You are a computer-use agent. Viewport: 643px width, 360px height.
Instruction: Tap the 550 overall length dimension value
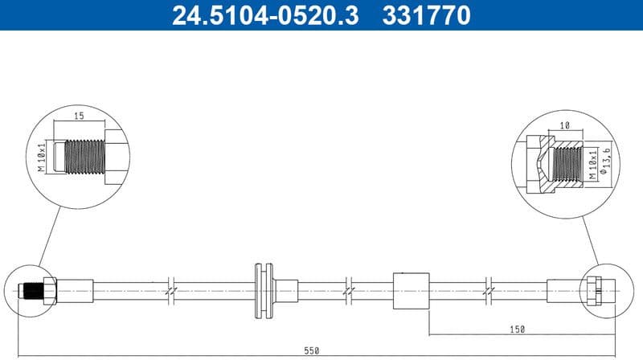pyautogui.click(x=312, y=350)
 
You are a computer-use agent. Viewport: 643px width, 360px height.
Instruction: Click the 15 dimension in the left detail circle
pyautogui.click(x=80, y=117)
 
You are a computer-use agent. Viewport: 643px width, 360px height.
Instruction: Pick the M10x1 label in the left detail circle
pyautogui.click(x=42, y=154)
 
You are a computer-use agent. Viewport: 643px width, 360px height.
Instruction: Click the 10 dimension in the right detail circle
pyautogui.click(x=565, y=126)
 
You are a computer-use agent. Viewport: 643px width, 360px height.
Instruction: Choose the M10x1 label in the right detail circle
pyautogui.click(x=593, y=163)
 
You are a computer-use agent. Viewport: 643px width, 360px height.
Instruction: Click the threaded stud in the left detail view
pyautogui.click(x=80, y=154)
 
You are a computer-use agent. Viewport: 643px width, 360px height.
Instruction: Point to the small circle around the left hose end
pyautogui.click(x=35, y=288)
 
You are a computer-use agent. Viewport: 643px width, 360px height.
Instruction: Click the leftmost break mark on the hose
pyautogui.click(x=170, y=289)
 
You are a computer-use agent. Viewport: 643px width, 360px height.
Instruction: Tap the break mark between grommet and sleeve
pyautogui.click(x=349, y=289)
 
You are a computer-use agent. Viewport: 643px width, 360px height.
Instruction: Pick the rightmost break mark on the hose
pyautogui.click(x=489, y=289)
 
